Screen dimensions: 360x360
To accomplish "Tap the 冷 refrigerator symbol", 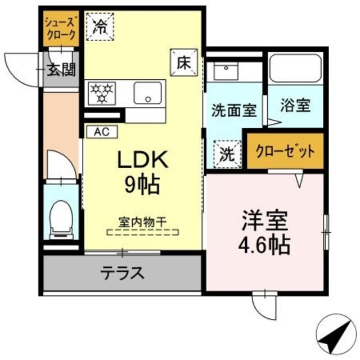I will point(100,25).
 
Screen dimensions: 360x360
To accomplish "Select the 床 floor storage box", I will point(184,62).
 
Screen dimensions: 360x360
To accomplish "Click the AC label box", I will point(101,132).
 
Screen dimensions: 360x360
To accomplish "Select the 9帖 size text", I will point(142,185).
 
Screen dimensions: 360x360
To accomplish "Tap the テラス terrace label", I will point(123,274).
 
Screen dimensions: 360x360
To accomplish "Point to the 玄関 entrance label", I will point(61,70).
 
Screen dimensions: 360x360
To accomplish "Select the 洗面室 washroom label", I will point(234,110).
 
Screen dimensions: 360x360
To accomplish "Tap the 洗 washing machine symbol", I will point(227,153).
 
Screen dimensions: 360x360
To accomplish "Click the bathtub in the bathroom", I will point(294,69).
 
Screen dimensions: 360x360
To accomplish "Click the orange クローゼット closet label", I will point(286,151).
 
